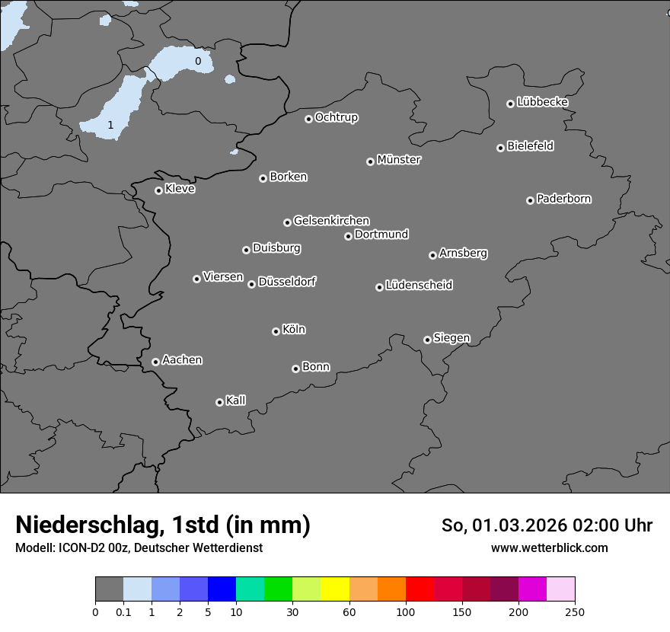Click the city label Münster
click(399, 160)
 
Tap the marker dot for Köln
click(276, 331)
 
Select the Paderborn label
click(564, 199)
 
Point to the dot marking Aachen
click(155, 362)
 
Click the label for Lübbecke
click(543, 102)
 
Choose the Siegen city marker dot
click(427, 340)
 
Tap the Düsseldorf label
click(287, 282)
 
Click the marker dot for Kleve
click(158, 190)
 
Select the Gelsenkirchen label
click(331, 221)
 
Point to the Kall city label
click(236, 401)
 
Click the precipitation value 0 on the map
click(198, 61)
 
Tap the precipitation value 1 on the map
click(110, 125)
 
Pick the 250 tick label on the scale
click(575, 611)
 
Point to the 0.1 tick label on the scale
click(123, 611)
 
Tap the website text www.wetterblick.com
click(550, 547)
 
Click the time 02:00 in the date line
click(584, 525)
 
